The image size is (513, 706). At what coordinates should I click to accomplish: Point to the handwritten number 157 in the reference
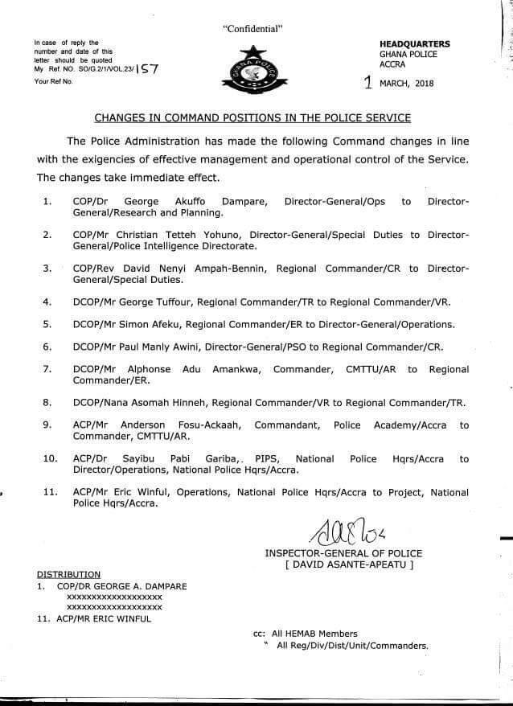tap(148, 70)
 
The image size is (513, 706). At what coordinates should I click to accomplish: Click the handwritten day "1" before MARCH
tap(369, 80)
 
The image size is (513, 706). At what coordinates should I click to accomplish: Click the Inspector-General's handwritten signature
tap(343, 532)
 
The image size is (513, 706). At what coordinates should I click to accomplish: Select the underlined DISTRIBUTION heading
tap(69, 574)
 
